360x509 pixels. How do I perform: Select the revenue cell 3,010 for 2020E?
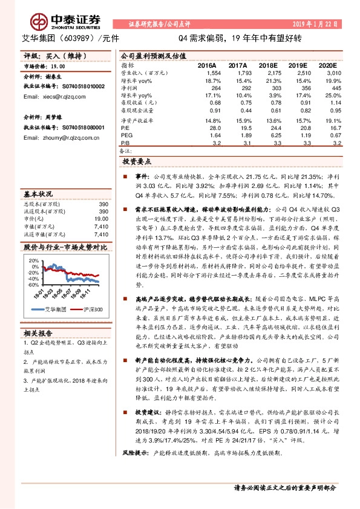(x=327, y=72)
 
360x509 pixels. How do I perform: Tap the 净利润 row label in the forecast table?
(x=129, y=88)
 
